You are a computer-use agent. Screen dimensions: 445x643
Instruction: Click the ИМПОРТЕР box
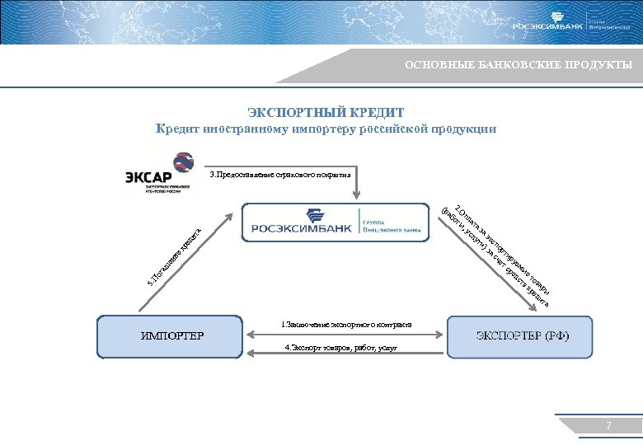click(173, 335)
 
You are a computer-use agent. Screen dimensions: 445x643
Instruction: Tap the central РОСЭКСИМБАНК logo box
click(336, 222)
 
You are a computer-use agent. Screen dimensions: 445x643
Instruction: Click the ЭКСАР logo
click(159, 174)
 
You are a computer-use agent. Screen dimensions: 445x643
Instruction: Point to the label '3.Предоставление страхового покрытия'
click(279, 175)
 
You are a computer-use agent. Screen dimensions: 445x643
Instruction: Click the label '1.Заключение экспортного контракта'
click(346, 323)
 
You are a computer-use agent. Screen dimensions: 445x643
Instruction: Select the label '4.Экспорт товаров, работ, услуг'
click(341, 348)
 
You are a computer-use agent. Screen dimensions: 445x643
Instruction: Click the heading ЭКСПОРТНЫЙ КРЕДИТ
click(326, 112)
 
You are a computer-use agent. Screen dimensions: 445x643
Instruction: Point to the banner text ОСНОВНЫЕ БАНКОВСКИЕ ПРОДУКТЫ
click(519, 65)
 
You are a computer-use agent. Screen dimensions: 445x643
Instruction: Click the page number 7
click(608, 425)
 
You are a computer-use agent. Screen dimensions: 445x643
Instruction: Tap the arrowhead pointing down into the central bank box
click(357, 196)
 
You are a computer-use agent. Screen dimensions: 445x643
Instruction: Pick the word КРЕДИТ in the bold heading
click(375, 112)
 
